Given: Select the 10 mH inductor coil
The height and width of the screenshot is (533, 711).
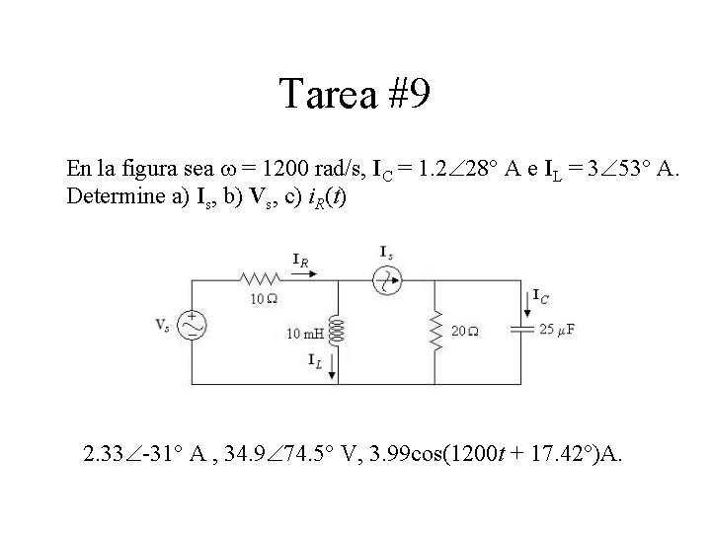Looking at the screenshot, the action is point(338,332).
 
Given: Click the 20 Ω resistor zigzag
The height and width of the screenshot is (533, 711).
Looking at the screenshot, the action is point(435,332).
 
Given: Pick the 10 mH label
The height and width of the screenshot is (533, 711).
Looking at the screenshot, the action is point(304,334).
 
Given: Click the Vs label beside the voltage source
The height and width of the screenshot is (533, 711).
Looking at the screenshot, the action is point(163,324).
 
